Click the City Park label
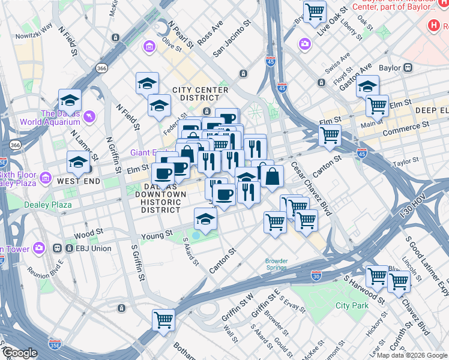click(351, 305)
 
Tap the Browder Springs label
click(277, 264)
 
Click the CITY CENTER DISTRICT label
click(200, 94)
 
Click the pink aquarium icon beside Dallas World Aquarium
click(90, 115)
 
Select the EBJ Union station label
click(83, 247)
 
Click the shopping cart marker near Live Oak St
click(315, 12)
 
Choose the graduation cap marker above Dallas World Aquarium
click(70, 100)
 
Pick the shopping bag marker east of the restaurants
click(272, 177)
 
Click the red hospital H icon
click(433, 26)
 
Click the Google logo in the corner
click(20, 353)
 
